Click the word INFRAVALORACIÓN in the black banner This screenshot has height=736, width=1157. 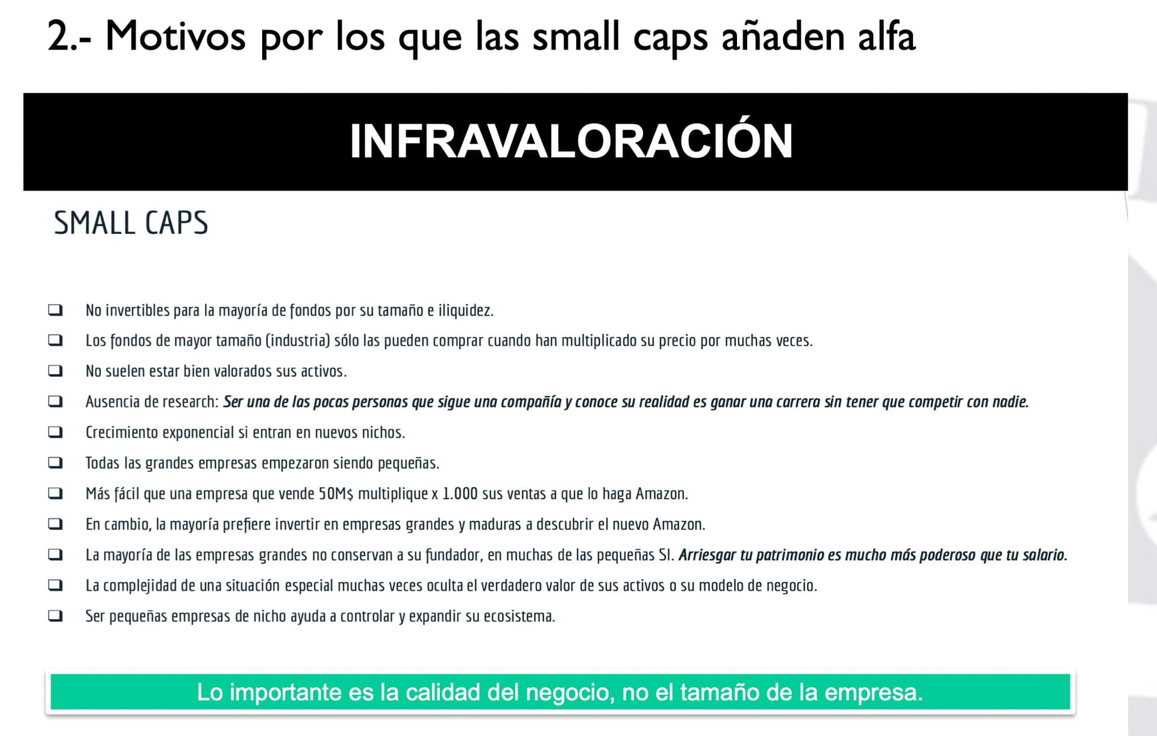tap(571, 140)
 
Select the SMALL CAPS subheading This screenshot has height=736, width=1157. tap(131, 222)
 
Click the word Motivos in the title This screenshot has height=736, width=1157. tap(175, 36)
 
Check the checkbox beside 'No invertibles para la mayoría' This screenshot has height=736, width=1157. tap(55, 310)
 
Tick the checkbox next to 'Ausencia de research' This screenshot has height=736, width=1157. tap(55, 401)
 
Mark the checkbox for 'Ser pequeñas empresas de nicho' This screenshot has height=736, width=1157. tap(55, 616)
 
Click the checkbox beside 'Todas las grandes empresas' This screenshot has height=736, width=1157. tap(55, 463)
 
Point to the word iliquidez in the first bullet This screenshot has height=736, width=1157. tap(465, 310)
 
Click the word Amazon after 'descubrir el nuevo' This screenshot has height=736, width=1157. tap(679, 524)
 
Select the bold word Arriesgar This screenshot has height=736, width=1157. tap(707, 555)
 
